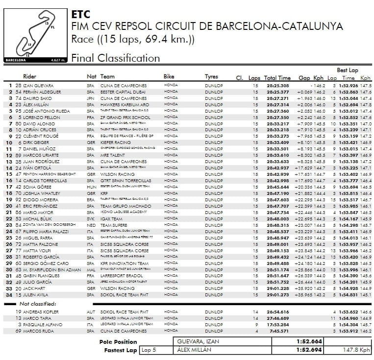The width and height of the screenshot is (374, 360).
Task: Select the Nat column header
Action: [x=91, y=77]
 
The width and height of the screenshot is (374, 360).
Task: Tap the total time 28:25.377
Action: [x=277, y=92]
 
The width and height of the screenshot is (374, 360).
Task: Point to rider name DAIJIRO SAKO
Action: [x=35, y=98]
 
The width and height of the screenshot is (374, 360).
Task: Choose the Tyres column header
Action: [x=211, y=77]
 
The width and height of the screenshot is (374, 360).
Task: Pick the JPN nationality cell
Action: [x=90, y=98]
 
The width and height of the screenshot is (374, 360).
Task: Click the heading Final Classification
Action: [x=116, y=58]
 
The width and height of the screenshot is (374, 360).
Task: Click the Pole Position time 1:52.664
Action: [x=309, y=341]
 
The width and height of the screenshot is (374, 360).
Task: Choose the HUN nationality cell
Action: [x=90, y=187]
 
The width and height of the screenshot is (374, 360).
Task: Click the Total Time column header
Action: [x=277, y=78]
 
